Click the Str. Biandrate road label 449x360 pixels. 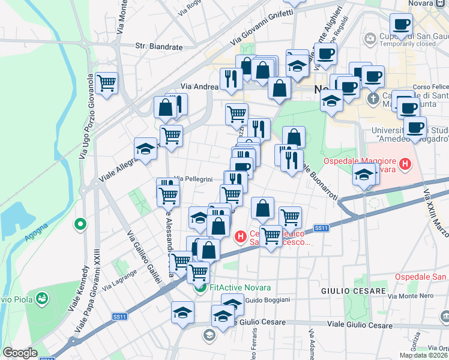(x=158, y=46)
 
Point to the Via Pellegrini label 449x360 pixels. (x=193, y=179)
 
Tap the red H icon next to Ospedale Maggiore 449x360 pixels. (x=405, y=163)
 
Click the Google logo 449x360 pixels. (x=20, y=353)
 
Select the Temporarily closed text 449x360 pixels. (x=408, y=44)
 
